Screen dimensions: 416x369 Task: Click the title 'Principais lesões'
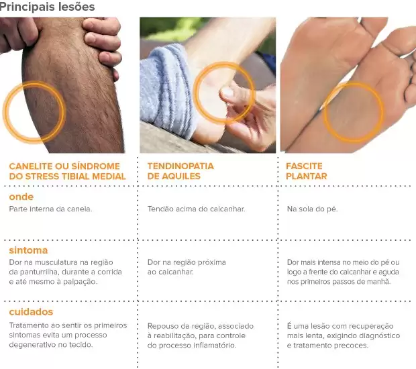tap(47, 7)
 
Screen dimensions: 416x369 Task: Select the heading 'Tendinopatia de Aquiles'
tap(180, 171)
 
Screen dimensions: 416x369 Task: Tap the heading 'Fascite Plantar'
tap(307, 171)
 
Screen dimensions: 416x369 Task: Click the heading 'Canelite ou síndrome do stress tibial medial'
tap(67, 171)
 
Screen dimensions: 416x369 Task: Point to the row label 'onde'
tap(21, 197)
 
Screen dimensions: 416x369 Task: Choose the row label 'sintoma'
tap(28, 250)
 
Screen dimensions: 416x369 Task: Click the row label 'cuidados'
tap(31, 312)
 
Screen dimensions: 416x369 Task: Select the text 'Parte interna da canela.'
tap(51, 209)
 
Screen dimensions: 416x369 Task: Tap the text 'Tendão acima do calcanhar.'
tap(197, 209)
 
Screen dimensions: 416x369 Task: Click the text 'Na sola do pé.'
tap(312, 209)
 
